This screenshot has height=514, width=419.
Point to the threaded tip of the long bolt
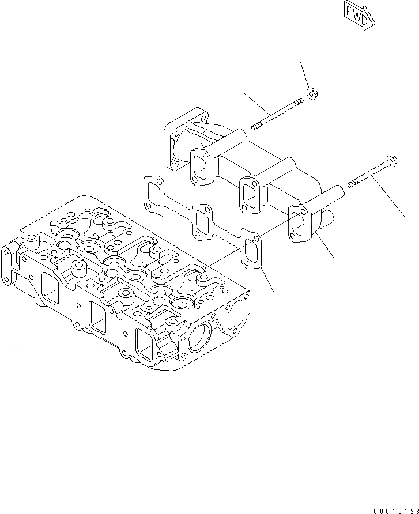pyautogui.click(x=351, y=185)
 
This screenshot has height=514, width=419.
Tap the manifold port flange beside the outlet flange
pyautogui.click(x=201, y=163)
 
